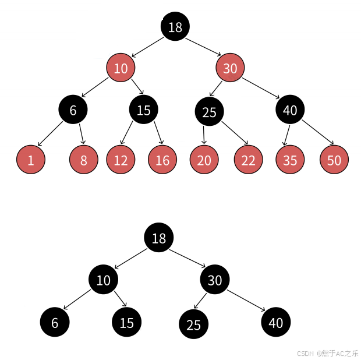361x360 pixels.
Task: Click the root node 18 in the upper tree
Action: click(175, 27)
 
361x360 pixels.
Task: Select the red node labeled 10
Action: click(121, 68)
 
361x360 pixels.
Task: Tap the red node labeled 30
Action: click(230, 68)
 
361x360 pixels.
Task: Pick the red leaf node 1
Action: click(31, 160)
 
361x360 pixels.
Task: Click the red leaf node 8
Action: click(83, 160)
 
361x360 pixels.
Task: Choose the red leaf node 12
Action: click(121, 160)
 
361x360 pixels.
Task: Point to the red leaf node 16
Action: click(162, 160)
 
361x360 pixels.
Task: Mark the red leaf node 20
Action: click(204, 160)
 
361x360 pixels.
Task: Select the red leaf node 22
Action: click(249, 160)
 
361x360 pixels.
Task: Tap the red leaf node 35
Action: click(290, 160)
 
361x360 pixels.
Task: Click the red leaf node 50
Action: click(334, 160)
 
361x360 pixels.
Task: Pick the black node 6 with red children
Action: click(73, 110)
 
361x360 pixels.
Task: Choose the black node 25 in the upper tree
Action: click(209, 112)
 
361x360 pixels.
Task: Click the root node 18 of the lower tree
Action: click(159, 238)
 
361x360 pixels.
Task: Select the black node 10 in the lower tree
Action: click(103, 280)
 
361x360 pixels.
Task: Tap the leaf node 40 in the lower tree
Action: click(276, 322)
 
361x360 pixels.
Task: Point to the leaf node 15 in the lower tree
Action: click(126, 322)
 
